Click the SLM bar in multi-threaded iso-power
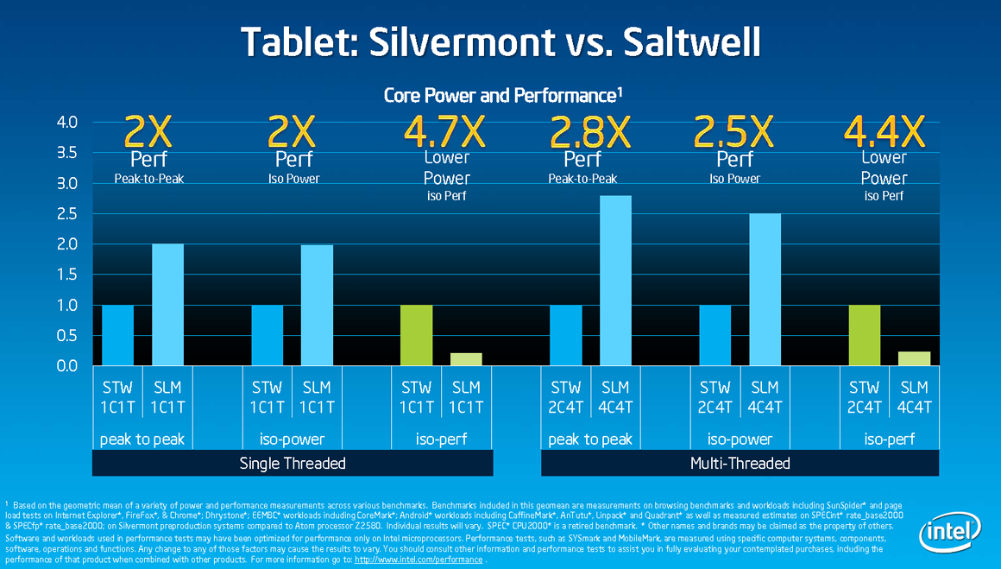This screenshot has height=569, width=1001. [765, 289]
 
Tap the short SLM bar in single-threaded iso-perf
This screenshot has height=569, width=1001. [466, 359]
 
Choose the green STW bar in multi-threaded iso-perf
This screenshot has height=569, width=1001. [864, 335]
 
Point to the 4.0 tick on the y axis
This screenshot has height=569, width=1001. [66, 123]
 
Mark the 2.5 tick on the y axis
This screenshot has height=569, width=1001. [66, 213]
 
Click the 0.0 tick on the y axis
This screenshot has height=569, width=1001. [66, 366]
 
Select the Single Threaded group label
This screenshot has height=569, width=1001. [293, 464]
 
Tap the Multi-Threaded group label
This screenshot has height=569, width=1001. [740, 464]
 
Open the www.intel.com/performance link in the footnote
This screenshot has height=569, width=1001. [419, 560]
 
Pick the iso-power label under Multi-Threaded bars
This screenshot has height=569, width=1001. [740, 439]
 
